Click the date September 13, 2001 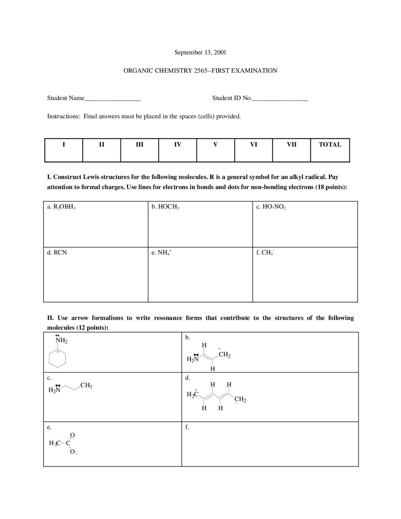tap(200, 52)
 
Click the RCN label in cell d tap(60, 253)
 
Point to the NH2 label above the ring tap(61, 340)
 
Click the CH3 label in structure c tap(86, 385)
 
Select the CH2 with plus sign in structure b tap(224, 354)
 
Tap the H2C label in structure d tap(192, 395)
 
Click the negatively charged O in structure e tap(73, 452)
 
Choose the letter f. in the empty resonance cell tap(187, 427)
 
